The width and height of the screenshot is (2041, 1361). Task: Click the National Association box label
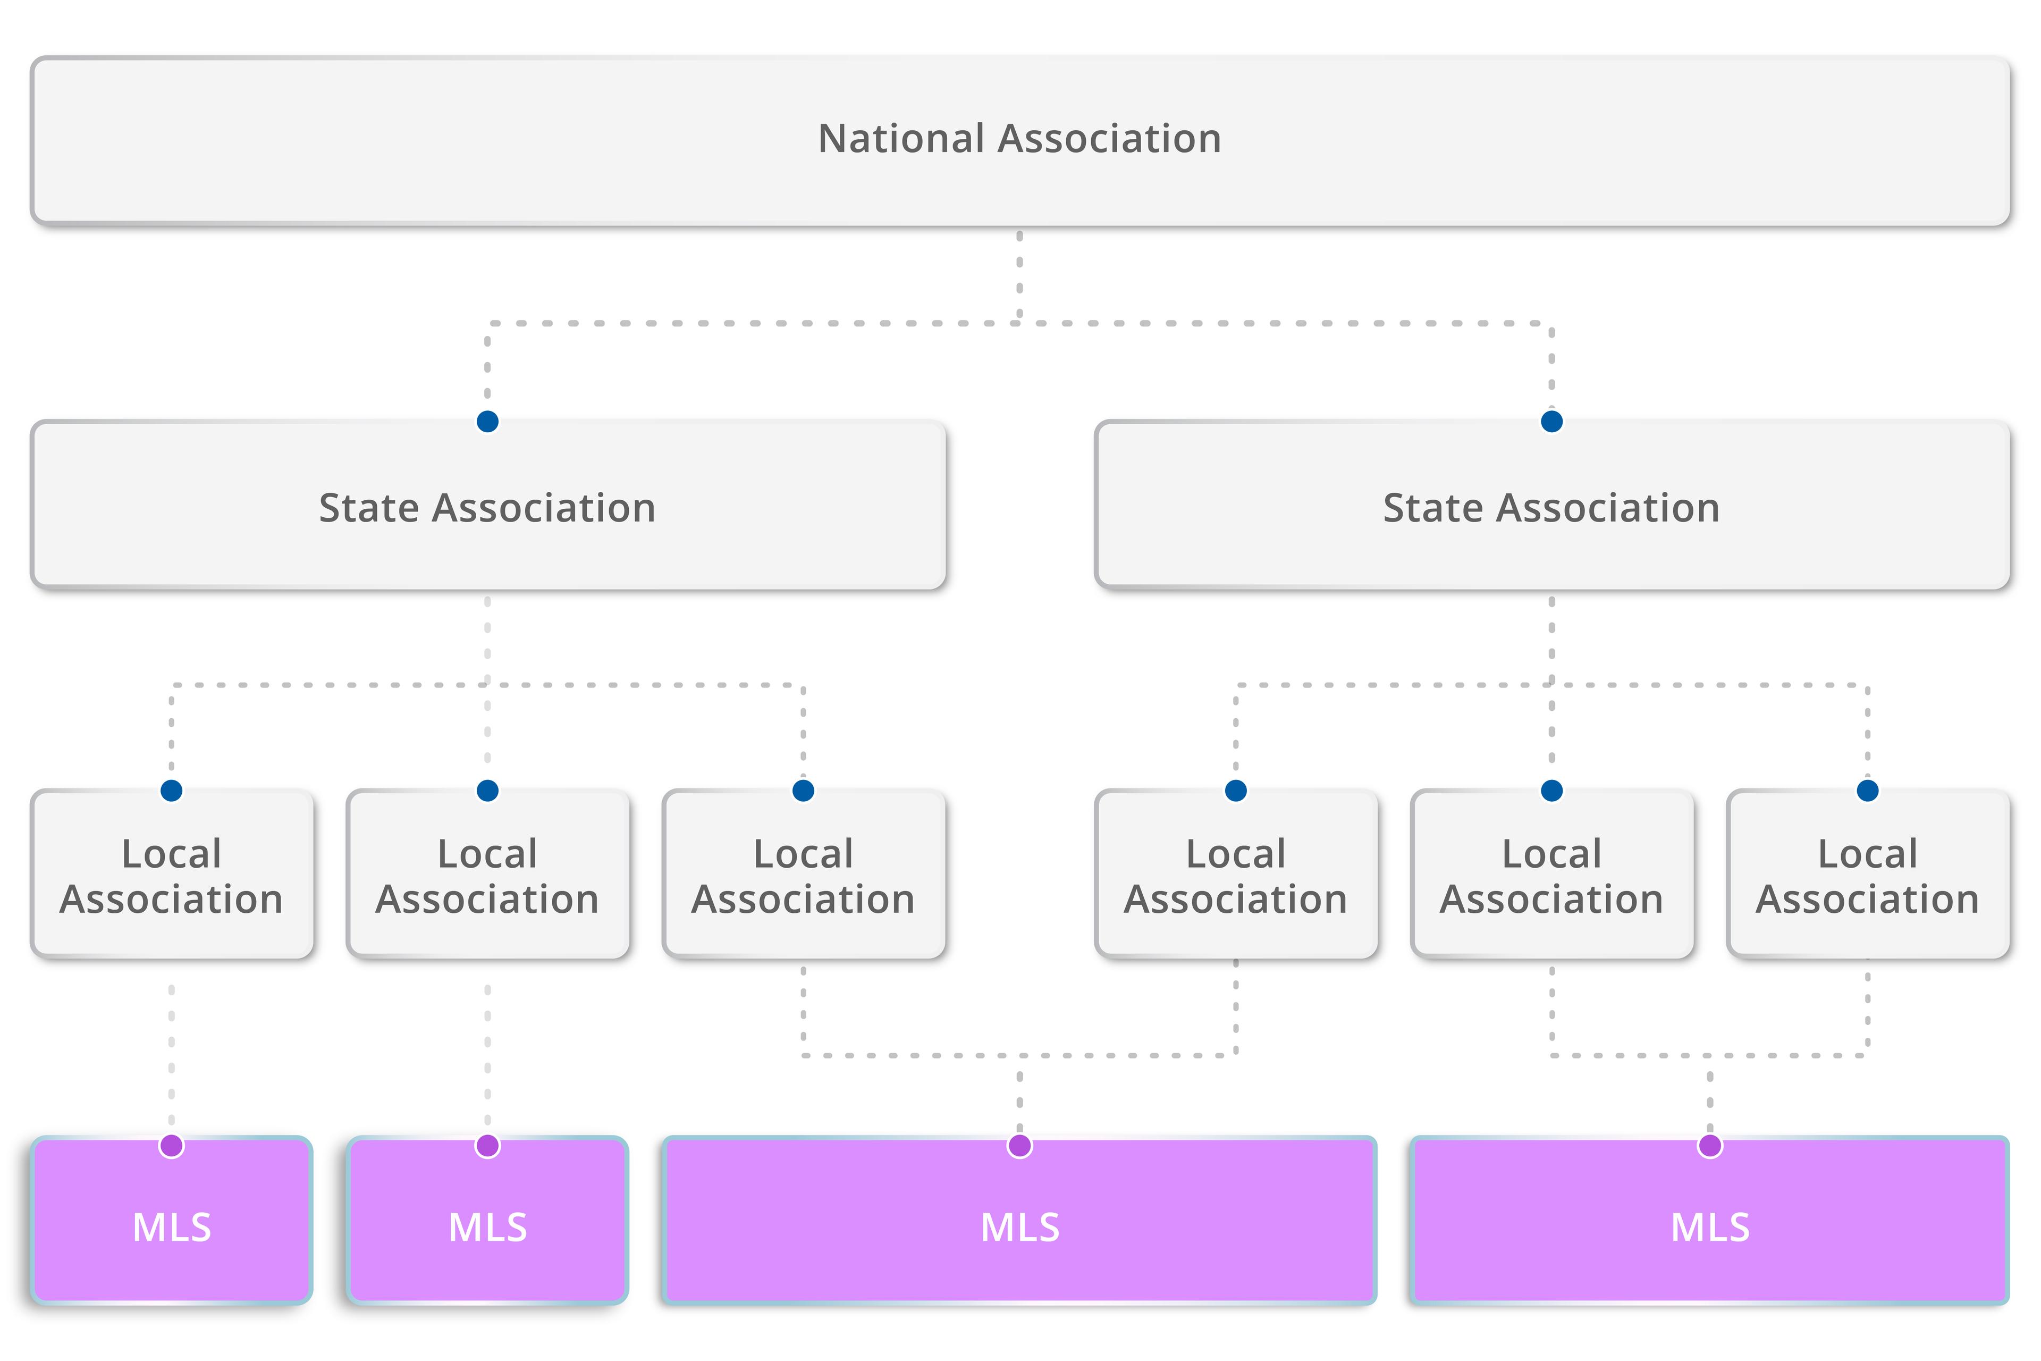[x=1019, y=139]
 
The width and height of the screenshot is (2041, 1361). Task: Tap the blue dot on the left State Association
[x=488, y=422]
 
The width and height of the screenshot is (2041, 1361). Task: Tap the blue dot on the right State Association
[x=1551, y=422]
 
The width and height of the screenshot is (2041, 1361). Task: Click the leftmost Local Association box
[x=172, y=877]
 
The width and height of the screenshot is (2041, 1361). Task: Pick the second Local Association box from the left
[x=488, y=877]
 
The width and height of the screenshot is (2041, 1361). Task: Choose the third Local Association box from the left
[x=804, y=877]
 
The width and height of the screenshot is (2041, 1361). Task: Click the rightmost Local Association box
[x=1867, y=877]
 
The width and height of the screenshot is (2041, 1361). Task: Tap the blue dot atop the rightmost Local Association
[x=1867, y=791]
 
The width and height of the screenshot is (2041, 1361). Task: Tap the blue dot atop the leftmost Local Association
[x=172, y=791]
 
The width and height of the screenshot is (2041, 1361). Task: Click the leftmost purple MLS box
[x=172, y=1225]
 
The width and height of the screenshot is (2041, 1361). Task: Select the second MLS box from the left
[x=488, y=1225]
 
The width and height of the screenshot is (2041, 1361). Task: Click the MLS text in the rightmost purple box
[x=1709, y=1228]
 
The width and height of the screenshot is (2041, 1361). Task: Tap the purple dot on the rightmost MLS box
[x=1709, y=1146]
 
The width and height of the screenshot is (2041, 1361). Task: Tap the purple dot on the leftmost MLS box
[x=172, y=1146]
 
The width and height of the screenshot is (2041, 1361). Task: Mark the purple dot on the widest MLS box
[x=1019, y=1146]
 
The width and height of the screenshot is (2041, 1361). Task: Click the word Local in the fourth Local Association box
[x=1236, y=854]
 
